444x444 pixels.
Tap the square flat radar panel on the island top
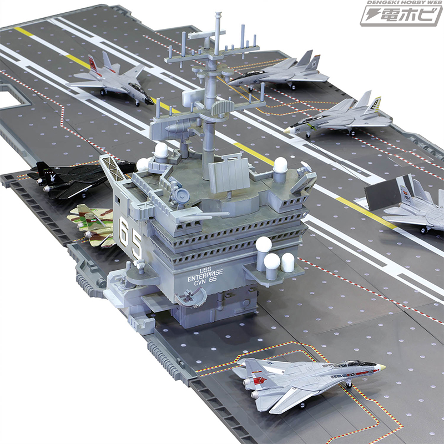tap(229, 174)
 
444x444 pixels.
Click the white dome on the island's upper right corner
tap(280, 165)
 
